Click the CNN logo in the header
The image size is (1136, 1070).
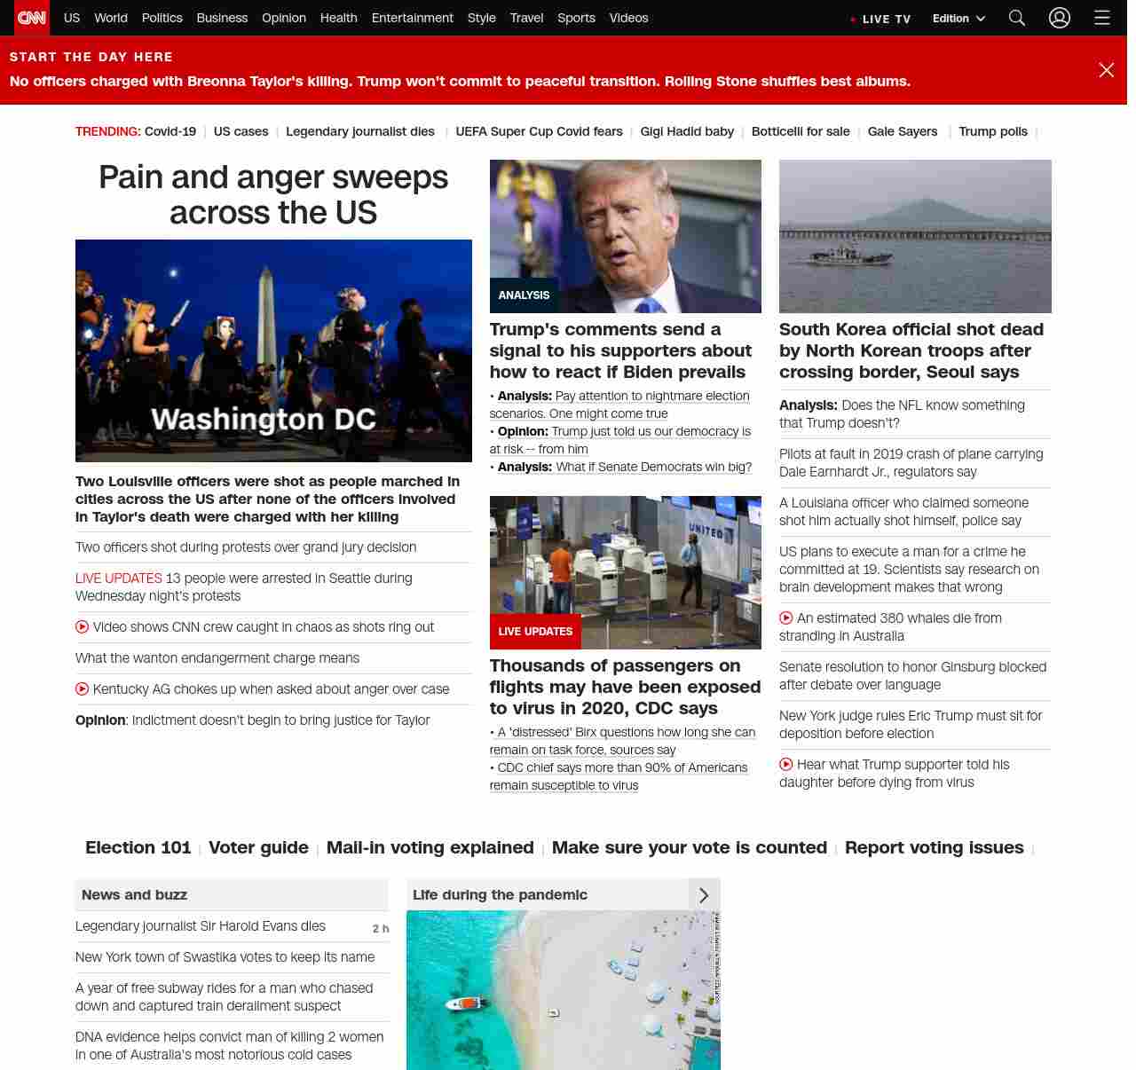coord(32,18)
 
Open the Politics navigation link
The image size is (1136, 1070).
coord(162,18)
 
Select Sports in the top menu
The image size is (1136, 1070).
coord(576,18)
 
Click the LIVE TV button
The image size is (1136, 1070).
coord(880,19)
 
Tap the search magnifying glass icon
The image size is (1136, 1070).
coord(1017,18)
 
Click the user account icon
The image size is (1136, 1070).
coord(1060,18)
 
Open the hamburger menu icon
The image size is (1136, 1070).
coord(1102,18)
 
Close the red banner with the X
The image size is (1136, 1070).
coord(1106,70)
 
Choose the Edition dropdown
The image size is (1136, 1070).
coord(958,19)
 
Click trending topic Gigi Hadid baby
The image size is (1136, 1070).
coord(687,131)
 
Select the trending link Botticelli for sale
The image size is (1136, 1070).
coord(801,131)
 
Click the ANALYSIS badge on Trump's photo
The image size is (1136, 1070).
coord(524,295)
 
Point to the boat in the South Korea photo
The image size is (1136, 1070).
coord(834,255)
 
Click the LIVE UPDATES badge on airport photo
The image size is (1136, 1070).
coord(535,632)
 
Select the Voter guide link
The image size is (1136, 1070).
coord(258,847)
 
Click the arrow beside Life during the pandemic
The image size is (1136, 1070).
coord(704,895)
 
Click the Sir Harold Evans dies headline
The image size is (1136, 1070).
coord(201,926)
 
